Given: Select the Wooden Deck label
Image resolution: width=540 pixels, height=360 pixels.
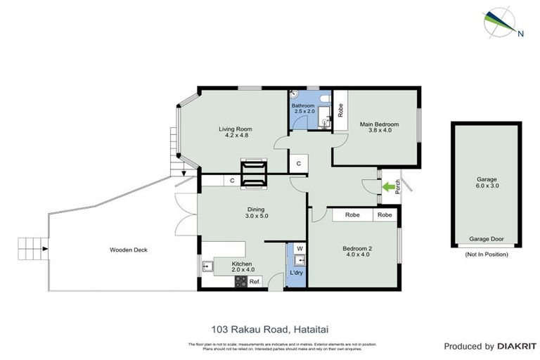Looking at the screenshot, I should (x=128, y=250).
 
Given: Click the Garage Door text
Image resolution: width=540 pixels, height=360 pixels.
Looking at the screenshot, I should (x=487, y=239).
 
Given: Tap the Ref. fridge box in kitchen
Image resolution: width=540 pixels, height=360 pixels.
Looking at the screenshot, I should (x=255, y=281).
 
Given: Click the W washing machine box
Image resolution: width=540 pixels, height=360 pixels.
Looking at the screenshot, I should (x=300, y=248).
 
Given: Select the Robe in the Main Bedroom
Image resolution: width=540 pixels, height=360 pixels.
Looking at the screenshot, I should (x=340, y=110).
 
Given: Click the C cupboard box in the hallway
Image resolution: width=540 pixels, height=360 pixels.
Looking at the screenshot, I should (x=298, y=164).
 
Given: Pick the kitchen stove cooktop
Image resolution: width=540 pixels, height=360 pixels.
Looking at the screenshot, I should (x=240, y=281).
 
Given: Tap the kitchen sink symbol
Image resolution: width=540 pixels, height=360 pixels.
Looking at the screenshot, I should (x=208, y=266).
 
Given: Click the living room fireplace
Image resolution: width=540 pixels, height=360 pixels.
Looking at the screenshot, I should (x=254, y=174).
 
